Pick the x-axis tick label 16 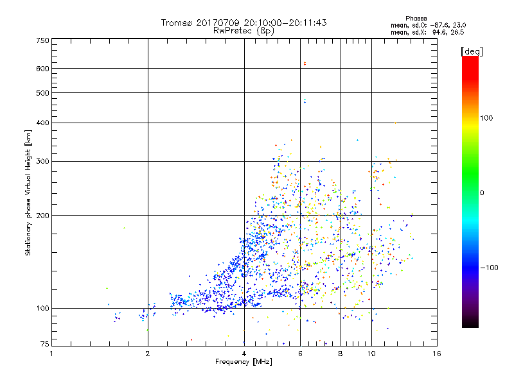(x=437, y=354)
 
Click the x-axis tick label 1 (x=51, y=354)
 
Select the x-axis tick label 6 (x=300, y=354)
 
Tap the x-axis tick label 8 (x=341, y=354)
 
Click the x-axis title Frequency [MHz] (x=244, y=362)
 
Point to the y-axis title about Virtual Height (x=28, y=193)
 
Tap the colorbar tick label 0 (x=483, y=192)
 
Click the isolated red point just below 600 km (x=305, y=63)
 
